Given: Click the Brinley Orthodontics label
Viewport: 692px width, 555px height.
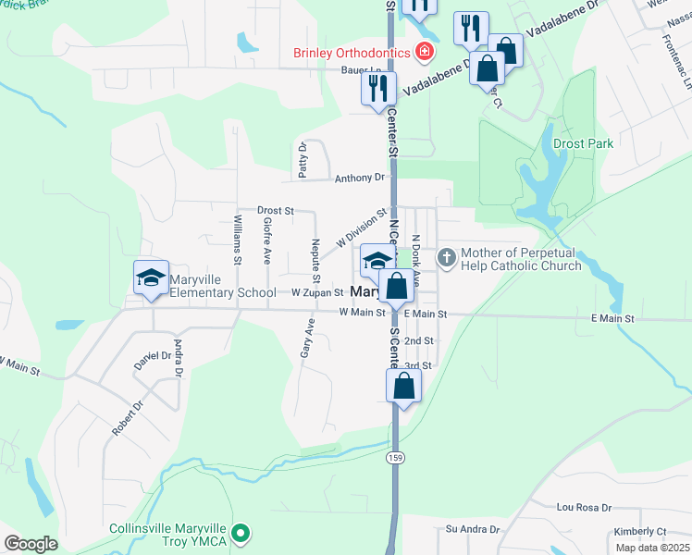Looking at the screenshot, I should (x=352, y=53).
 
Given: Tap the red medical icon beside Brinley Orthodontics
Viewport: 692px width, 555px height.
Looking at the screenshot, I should (x=425, y=52).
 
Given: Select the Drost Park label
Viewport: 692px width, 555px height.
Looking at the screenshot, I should (x=583, y=144).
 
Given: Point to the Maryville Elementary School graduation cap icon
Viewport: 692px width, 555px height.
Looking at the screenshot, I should (x=151, y=277).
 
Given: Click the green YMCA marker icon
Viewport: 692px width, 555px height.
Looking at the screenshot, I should (x=241, y=532).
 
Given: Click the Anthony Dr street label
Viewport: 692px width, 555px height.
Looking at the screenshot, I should (x=359, y=178).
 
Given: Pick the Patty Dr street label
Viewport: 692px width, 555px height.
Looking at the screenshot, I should (x=303, y=159).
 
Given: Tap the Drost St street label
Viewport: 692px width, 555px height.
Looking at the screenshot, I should (x=275, y=211).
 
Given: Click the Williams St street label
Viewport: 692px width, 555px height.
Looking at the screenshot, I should (x=238, y=240).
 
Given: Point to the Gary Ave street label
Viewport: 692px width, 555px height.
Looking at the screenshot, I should (x=306, y=339).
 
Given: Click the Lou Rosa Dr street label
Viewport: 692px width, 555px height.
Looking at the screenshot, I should (x=584, y=508).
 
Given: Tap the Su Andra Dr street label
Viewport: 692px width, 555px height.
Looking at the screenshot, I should (x=472, y=529).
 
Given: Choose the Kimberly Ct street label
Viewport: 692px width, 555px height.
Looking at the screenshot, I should (x=640, y=532).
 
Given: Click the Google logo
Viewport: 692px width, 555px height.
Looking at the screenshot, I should (x=31, y=544).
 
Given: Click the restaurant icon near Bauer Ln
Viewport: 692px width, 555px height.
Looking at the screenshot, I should (x=378, y=88).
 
